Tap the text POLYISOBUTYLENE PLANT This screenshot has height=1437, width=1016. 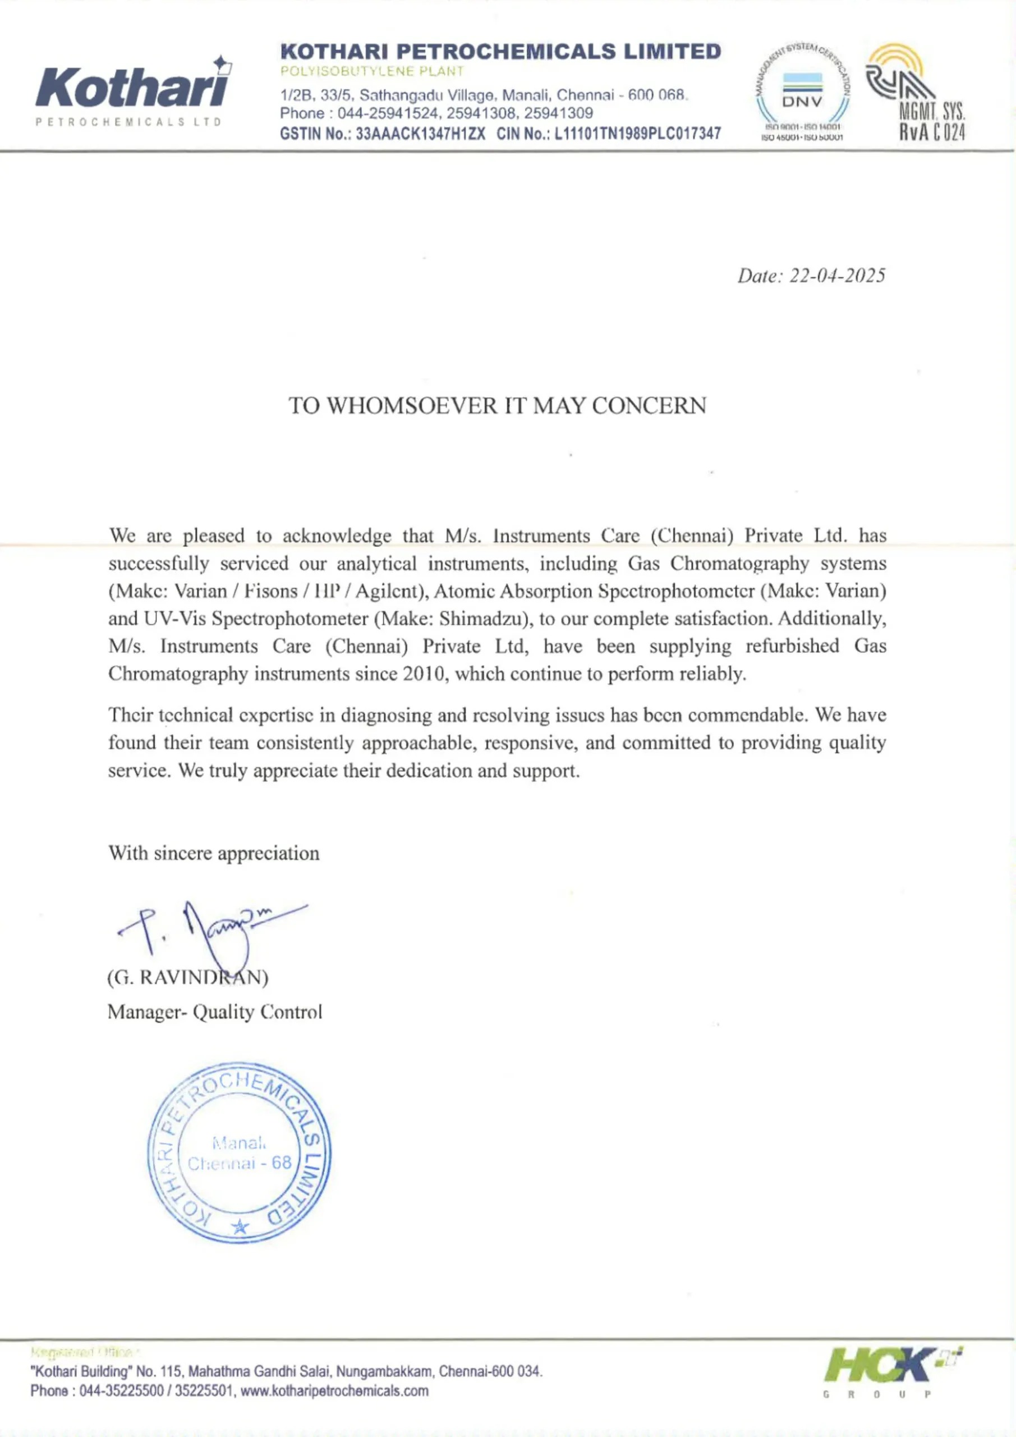373,71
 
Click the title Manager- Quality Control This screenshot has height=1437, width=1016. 214,1012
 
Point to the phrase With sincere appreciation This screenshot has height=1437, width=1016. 214,854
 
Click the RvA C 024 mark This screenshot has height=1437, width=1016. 932,132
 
